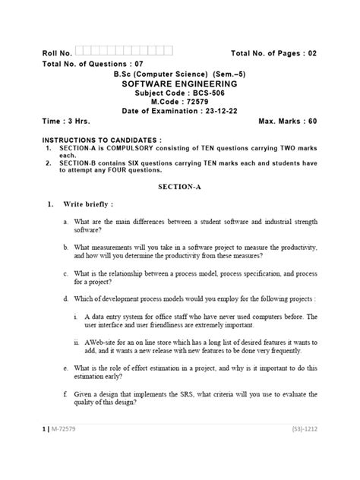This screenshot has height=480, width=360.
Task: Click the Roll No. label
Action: coord(57,53)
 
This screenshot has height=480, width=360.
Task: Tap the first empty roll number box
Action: coord(81,51)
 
